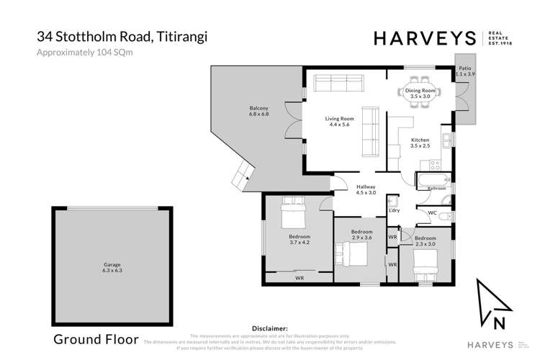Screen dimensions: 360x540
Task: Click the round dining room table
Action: tap(419, 93)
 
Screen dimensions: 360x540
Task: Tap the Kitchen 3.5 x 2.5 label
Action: tap(420, 143)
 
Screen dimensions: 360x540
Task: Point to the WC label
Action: tap(432, 213)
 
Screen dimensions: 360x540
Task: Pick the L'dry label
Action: tap(394, 210)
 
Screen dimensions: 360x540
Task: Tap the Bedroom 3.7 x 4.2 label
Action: tap(300, 240)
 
